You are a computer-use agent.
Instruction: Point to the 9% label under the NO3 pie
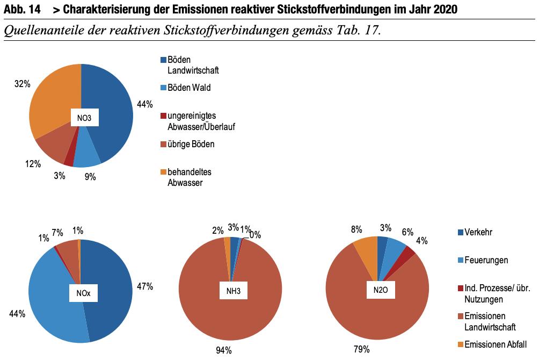tap(90, 177)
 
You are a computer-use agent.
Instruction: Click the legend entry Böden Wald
tap(188, 88)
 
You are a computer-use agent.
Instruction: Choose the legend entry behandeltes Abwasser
tap(188, 177)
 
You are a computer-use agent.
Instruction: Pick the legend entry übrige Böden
tap(191, 145)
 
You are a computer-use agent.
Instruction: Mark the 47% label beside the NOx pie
tap(145, 287)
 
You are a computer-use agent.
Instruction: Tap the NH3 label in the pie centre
tap(230, 292)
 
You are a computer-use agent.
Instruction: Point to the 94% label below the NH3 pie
tap(223, 350)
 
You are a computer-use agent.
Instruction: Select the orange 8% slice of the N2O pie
tap(366, 249)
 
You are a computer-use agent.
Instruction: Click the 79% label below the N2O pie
tap(362, 350)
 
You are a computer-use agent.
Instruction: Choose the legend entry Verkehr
tap(478, 233)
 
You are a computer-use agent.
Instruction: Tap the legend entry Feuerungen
tap(486, 261)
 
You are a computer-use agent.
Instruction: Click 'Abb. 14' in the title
tap(21, 9)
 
